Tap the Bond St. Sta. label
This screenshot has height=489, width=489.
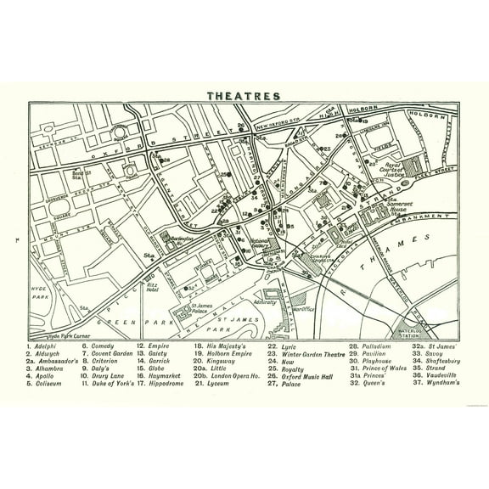pos(77,174)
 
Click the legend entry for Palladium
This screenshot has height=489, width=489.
pos(366,346)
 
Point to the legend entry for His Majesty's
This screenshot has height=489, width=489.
pos(225,346)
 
